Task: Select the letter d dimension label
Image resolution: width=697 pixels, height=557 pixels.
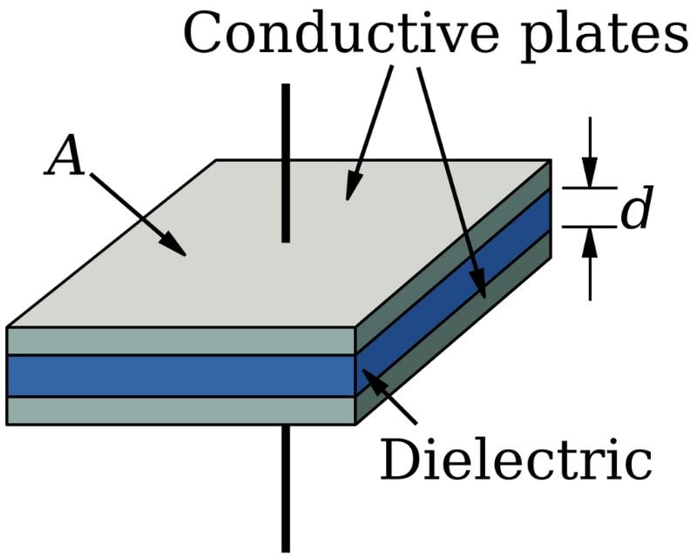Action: click(636, 211)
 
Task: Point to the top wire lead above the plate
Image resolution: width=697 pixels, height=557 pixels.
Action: click(285, 161)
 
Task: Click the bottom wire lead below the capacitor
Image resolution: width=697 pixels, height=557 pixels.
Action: click(285, 487)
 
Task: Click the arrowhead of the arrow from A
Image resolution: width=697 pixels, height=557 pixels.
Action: click(179, 249)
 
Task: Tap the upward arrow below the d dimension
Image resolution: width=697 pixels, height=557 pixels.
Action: click(590, 261)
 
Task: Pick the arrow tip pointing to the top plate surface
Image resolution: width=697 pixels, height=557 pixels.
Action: click(350, 191)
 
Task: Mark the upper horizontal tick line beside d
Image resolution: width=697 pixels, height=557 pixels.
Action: click(588, 187)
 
